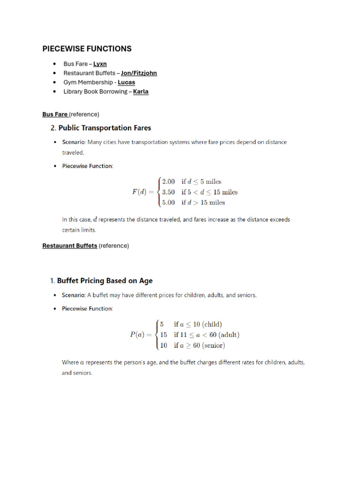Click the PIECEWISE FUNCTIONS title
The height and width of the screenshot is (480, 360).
click(87, 49)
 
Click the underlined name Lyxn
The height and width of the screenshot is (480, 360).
click(100, 64)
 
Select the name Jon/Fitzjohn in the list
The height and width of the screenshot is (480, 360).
click(139, 73)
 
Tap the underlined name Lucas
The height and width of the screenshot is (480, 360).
click(126, 82)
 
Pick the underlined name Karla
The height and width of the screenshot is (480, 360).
click(141, 92)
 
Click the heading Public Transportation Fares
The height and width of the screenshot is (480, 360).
click(105, 127)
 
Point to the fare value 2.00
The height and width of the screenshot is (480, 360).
click(168, 181)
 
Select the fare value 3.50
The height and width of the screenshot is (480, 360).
click(168, 192)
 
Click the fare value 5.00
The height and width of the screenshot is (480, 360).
click(168, 202)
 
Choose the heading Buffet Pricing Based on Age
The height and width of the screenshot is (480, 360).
click(105, 281)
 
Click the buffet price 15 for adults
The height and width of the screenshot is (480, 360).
click(164, 335)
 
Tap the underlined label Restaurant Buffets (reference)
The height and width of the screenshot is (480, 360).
click(70, 246)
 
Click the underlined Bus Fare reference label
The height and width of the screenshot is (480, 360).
click(55, 114)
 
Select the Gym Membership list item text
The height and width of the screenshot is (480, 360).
click(89, 82)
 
